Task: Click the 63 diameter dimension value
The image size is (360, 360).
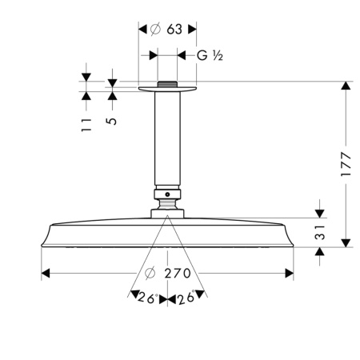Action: [174, 29]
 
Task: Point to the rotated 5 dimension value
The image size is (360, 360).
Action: [112, 122]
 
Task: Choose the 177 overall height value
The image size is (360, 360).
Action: [346, 163]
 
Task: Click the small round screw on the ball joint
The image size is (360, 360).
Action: [167, 194]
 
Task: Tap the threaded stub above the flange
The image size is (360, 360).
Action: [167, 82]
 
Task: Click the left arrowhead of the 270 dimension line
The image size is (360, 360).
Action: [45, 274]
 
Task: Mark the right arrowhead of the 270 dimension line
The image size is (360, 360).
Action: [290, 274]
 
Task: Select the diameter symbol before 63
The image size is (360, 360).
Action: [155, 29]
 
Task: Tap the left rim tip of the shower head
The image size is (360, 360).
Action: [41, 242]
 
